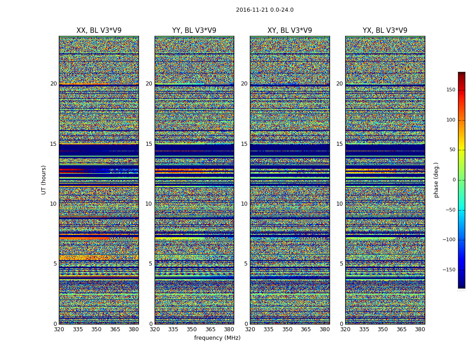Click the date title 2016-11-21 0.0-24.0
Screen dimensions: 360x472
264,10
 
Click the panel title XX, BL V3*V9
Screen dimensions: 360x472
99,31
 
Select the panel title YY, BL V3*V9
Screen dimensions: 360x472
194,31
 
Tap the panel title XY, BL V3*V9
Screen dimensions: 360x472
289,31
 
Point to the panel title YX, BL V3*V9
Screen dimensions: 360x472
385,31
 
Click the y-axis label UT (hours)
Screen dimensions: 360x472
44,180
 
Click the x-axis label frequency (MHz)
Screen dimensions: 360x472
217,338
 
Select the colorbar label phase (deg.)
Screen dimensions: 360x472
436,180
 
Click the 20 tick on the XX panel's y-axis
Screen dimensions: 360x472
53,84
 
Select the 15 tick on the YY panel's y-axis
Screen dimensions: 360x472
149,144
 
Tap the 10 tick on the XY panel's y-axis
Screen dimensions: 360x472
244,204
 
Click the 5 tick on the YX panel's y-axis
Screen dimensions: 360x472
341,264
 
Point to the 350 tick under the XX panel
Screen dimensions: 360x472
97,329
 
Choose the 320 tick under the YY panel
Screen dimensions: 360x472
155,329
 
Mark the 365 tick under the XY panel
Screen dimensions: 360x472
306,329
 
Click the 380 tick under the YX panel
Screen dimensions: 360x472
420,329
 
